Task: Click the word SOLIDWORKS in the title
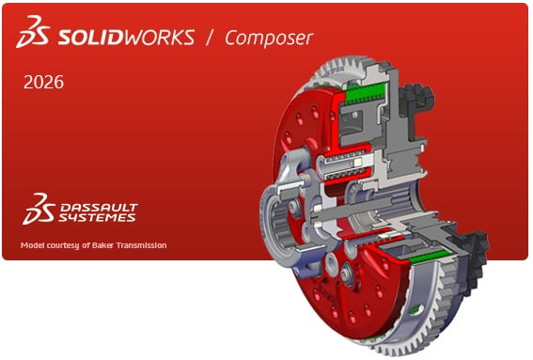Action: coord(127,38)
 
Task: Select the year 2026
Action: coord(43,83)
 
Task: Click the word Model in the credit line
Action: coord(32,245)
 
